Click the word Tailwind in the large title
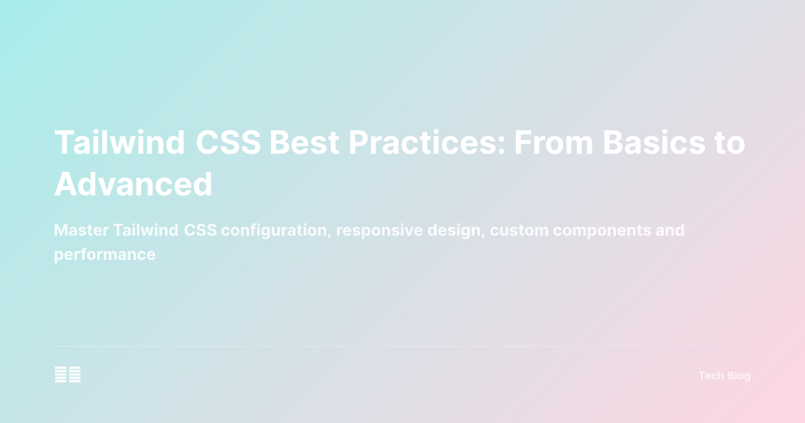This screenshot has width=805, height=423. point(119,143)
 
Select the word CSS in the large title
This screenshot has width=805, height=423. point(228,143)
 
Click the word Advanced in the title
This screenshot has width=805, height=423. point(133,184)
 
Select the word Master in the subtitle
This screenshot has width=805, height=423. point(80,230)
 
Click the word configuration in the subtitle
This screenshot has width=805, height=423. point(276,230)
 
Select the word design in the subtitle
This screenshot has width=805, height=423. point(454,230)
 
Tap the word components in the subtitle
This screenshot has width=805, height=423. point(601,230)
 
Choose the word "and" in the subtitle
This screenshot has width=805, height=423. point(671,230)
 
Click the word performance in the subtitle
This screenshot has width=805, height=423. point(105,255)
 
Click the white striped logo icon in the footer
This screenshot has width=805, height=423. point(68,375)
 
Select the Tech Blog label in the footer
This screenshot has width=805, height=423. point(724,376)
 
